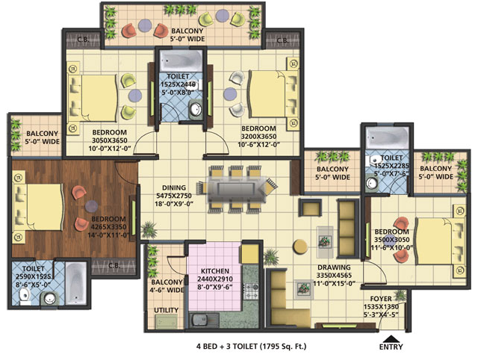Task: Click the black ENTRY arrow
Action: point(391,338)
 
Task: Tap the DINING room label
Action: point(174,187)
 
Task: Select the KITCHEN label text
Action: point(215,271)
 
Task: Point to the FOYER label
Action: point(381,299)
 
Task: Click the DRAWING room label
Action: point(334,267)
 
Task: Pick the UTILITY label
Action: point(166,310)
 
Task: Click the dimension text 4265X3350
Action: point(108,227)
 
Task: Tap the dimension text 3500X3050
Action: point(391,240)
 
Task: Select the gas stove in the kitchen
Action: point(251,291)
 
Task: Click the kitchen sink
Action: point(204,320)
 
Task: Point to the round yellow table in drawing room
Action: point(300,246)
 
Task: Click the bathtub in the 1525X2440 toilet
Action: point(181,60)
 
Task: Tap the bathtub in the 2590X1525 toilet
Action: point(75,283)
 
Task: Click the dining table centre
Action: point(236,188)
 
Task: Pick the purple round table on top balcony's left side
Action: point(145,25)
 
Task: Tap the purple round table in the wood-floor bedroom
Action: point(91,206)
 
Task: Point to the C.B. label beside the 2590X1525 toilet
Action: point(114,265)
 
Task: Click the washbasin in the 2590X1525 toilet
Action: point(50,298)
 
